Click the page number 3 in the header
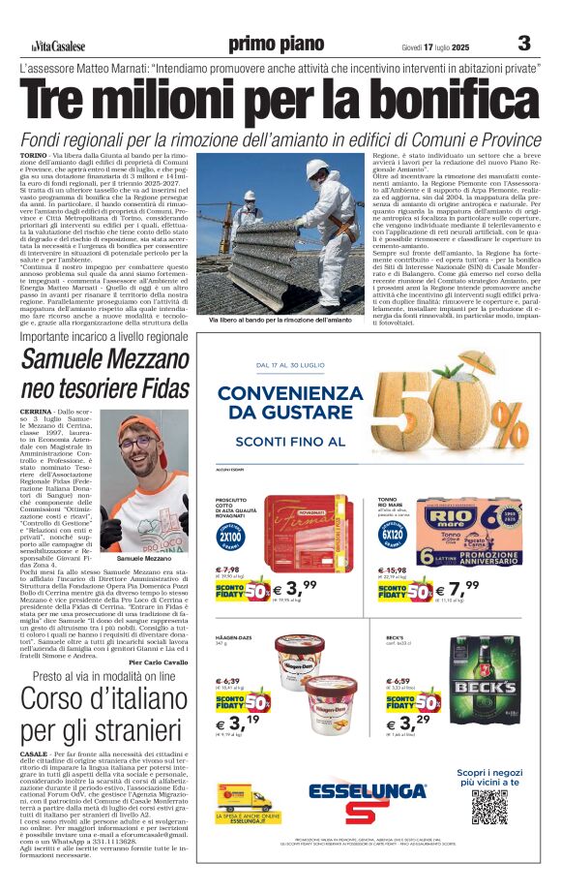pos(524,44)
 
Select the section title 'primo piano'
pos(277,45)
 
